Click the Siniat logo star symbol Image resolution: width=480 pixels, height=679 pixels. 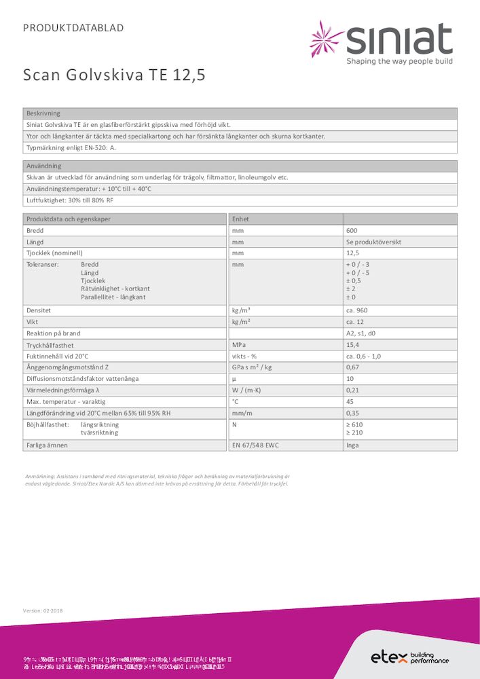326,39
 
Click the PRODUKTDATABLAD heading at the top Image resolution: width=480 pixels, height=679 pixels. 73,28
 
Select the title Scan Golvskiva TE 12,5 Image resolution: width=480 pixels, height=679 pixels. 114,75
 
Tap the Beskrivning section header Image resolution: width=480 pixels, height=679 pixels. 43,113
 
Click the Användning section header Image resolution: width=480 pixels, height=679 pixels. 44,166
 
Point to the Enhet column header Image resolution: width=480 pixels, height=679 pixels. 241,219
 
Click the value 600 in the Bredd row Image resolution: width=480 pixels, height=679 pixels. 352,231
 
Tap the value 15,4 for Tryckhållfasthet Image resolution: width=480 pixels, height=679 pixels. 353,345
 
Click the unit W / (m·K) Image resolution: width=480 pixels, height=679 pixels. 249,390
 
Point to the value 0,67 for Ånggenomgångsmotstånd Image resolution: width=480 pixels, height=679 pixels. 353,367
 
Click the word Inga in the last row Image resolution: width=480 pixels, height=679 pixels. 353,445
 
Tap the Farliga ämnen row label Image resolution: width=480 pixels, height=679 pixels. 48,445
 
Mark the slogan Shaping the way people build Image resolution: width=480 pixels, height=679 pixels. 399,61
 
